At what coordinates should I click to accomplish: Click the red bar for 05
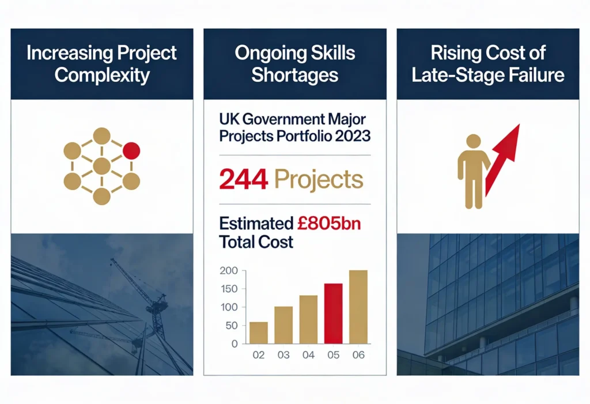coord(332,314)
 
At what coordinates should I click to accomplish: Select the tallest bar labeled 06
coord(358,307)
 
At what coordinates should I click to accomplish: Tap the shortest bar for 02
coord(258,333)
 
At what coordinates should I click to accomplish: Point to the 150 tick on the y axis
coord(229,289)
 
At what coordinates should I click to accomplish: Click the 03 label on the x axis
coord(283,355)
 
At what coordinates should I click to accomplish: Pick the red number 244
coord(244,180)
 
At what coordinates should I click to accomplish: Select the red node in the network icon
coord(131,151)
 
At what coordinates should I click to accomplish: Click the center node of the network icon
coord(101,167)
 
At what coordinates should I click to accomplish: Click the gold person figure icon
coord(473,171)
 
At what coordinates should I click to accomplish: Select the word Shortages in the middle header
coord(294,75)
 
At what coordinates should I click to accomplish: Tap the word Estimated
coord(256,223)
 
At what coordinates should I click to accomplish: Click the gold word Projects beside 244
coord(319,180)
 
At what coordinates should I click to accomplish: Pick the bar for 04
coord(308,319)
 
